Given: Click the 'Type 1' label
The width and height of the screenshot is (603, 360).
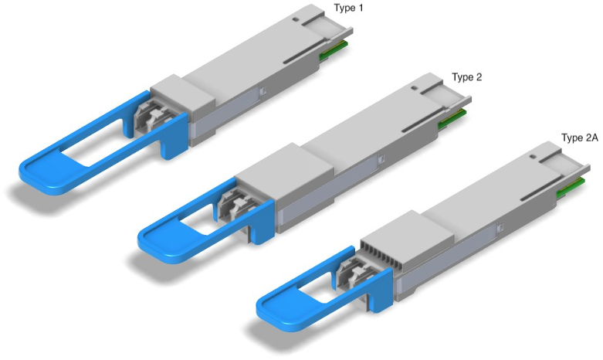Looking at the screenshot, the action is (348, 8).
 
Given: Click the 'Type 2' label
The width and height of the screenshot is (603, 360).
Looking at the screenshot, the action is (467, 77).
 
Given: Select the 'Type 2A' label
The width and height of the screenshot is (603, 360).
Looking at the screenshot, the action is (580, 138).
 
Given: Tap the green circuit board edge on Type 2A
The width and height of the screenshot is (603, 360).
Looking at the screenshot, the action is (571, 188).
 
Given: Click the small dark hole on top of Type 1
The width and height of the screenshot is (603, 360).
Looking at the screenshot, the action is (296, 19).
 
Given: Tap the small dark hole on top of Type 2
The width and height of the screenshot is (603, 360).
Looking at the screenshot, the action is (414, 88).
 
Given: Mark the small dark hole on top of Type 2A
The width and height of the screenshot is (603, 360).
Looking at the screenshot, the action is (533, 157).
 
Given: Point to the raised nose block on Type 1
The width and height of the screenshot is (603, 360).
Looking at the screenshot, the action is (183, 94).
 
